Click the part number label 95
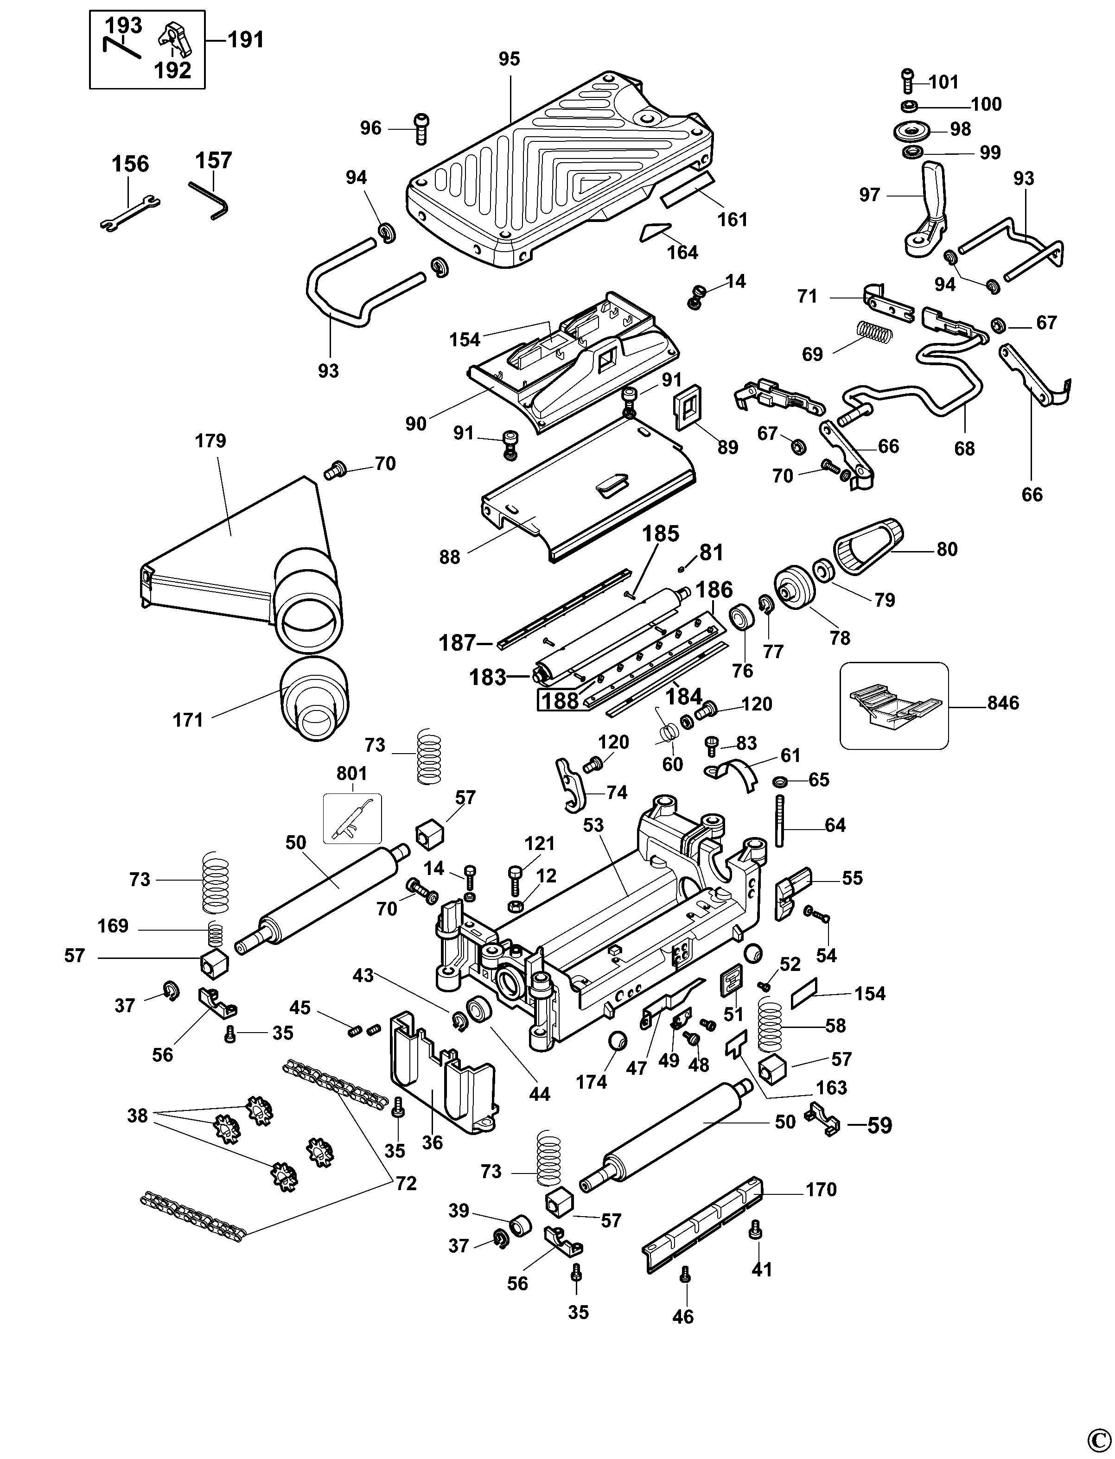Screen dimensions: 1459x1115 tap(509, 59)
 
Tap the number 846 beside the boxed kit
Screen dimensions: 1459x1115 tap(1003, 703)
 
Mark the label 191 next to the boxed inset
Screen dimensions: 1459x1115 tap(246, 40)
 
